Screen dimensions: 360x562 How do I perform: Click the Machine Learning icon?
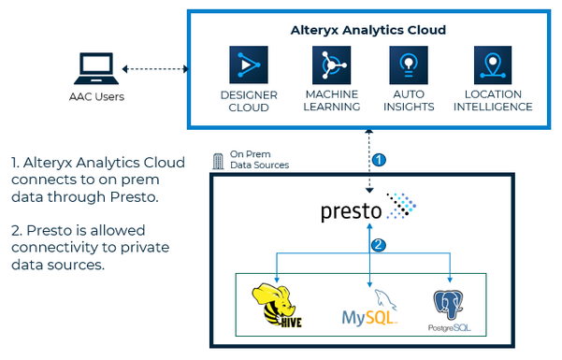click(331, 65)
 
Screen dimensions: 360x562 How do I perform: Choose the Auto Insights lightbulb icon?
click(409, 65)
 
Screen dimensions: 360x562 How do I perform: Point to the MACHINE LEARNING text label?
click(332, 100)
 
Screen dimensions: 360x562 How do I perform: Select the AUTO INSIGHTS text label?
click(409, 100)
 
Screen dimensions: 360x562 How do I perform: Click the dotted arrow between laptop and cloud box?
click(157, 68)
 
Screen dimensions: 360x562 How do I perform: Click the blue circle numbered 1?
click(379, 160)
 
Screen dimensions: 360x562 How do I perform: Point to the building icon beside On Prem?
click(218, 159)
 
